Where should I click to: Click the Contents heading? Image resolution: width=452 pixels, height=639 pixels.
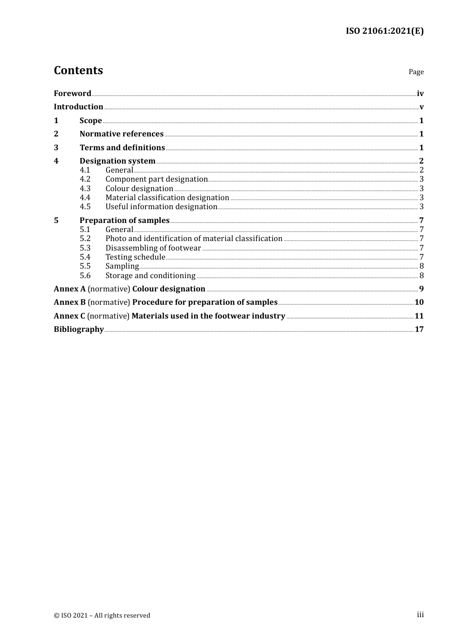click(x=78, y=70)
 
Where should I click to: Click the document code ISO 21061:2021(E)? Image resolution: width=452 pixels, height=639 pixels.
click(x=384, y=31)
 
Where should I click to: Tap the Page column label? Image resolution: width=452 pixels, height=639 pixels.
click(x=416, y=72)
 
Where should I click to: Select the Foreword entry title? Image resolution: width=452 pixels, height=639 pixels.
click(x=72, y=93)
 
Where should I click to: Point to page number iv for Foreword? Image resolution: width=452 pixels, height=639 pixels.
click(x=420, y=93)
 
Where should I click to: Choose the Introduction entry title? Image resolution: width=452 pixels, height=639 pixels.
click(x=79, y=106)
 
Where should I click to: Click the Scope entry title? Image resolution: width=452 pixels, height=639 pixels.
click(x=91, y=120)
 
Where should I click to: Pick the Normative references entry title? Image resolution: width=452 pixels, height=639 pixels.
click(x=121, y=134)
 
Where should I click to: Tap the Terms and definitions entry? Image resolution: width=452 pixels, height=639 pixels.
click(x=122, y=147)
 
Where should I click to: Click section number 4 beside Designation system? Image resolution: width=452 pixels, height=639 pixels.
click(x=56, y=161)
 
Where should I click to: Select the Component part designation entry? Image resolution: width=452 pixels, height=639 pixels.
click(x=157, y=179)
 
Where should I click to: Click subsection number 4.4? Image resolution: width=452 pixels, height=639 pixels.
click(x=85, y=197)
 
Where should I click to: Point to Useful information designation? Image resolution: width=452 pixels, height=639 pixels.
click(x=161, y=206)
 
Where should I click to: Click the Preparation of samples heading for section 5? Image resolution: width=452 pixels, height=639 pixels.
click(x=125, y=220)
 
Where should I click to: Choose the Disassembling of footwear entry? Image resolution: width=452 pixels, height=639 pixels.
click(x=153, y=248)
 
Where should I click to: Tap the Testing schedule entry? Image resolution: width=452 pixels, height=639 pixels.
click(x=135, y=257)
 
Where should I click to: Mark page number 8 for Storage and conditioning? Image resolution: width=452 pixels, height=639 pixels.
click(x=422, y=275)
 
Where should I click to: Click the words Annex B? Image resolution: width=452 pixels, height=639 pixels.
click(x=69, y=302)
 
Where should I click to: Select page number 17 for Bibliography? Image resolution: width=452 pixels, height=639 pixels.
click(x=419, y=329)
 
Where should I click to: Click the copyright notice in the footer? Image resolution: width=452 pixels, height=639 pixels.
click(x=102, y=615)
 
